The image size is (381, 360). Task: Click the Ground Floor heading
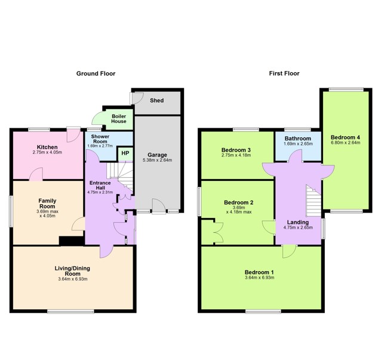pos(96,73)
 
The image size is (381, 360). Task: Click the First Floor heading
pos(284,73)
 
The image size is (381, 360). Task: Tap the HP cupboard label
pos(125,153)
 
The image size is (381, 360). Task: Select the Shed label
pos(156,100)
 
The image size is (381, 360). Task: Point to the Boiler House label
pos(119,119)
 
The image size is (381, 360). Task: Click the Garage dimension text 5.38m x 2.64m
pos(157,160)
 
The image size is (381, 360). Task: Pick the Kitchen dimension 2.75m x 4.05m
pos(47,153)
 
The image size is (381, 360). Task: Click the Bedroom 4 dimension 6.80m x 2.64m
pos(345,143)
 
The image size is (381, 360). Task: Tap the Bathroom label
pos(297,139)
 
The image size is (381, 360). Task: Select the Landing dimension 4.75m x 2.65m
pos(298,227)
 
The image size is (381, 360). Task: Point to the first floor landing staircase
pos(314,201)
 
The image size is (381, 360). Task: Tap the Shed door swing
pos(137,98)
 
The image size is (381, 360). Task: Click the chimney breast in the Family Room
pos(72,241)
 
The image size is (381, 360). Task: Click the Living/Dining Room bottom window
pos(70,312)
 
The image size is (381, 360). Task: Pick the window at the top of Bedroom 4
pos(346,90)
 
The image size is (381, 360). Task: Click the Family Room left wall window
pos(11,211)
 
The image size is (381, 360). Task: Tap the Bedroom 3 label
pos(236,150)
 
